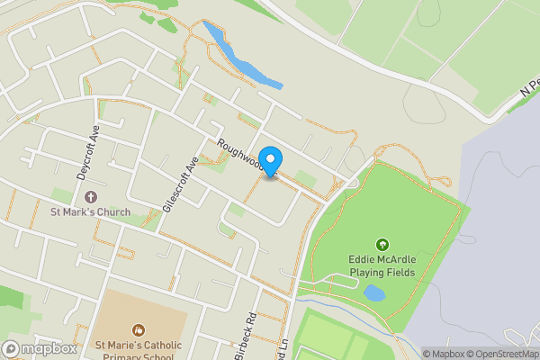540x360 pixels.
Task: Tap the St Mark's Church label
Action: pyautogui.click(x=90, y=212)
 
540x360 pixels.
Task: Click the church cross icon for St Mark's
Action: pyautogui.click(x=90, y=196)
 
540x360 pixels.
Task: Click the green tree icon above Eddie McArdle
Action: pyautogui.click(x=382, y=244)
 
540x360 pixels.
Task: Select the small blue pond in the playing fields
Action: pyautogui.click(x=373, y=292)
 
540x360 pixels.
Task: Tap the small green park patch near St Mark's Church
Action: pyautogui.click(x=61, y=195)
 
